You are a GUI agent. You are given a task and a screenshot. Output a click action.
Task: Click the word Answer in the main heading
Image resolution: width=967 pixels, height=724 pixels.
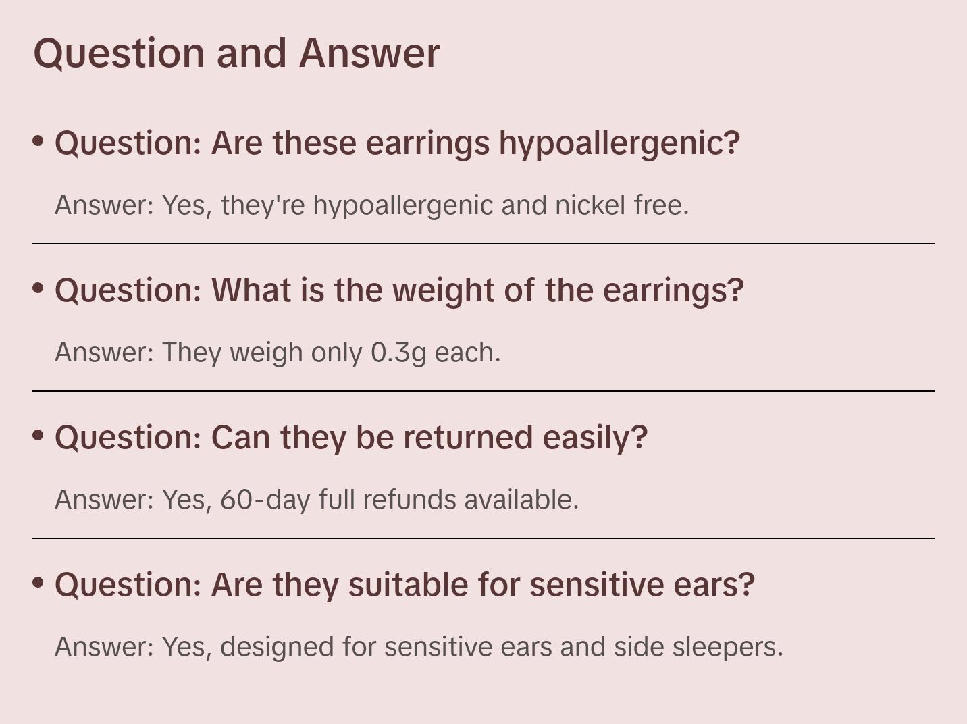(369, 53)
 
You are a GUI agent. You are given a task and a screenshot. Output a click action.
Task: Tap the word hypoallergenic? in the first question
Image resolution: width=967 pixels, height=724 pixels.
(619, 144)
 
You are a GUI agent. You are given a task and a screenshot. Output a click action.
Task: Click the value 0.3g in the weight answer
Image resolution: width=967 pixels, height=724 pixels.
(398, 353)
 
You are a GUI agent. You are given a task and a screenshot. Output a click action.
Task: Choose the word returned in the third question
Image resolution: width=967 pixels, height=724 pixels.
(468, 438)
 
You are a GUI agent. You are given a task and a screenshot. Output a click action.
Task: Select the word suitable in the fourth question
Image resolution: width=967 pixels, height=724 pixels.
(409, 585)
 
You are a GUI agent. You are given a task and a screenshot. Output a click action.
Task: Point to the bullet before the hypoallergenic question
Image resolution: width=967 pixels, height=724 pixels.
(38, 141)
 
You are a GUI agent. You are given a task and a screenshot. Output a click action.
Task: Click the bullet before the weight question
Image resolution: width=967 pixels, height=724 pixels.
(38, 288)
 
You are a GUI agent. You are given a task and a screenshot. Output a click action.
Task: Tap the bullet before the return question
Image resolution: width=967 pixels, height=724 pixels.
(38, 435)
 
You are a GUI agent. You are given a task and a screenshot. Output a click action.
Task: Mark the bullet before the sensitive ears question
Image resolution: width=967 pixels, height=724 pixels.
(38, 582)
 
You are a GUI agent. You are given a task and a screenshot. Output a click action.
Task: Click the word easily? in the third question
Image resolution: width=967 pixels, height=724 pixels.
(595, 438)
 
